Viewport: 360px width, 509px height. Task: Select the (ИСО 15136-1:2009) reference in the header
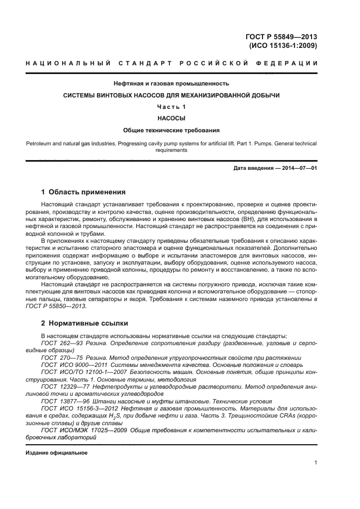(283, 46)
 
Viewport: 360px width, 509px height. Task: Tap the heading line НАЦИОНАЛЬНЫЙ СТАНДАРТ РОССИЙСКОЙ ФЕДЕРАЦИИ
(172, 64)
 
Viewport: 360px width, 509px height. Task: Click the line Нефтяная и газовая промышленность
(171, 84)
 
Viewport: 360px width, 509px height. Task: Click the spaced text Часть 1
(172, 107)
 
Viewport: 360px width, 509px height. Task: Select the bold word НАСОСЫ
(171, 118)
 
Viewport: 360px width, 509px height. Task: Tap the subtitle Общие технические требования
(171, 130)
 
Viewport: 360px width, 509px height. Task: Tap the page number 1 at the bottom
(315, 463)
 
